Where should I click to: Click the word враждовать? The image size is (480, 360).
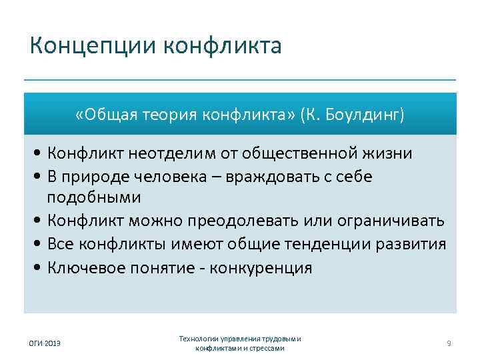pyautogui.click(x=286, y=177)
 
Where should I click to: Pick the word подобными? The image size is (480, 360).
pyautogui.click(x=93, y=198)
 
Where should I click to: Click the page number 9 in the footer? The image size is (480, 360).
pyautogui.click(x=449, y=343)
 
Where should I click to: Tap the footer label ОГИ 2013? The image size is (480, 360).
pyautogui.click(x=45, y=343)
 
